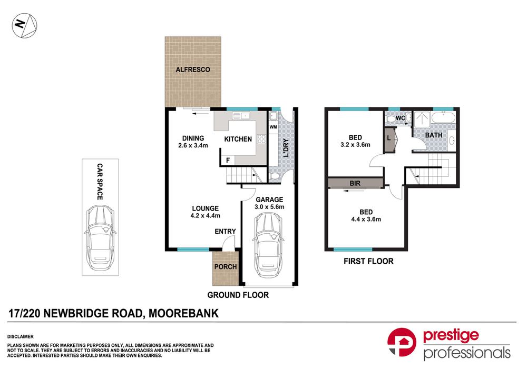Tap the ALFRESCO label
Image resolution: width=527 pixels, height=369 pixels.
(x=192, y=69)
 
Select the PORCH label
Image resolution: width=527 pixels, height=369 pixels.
(x=225, y=266)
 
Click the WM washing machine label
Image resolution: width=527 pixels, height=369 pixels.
(x=273, y=127)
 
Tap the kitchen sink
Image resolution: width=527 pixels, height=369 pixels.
(x=241, y=115)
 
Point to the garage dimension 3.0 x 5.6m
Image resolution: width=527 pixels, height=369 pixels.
(x=269, y=207)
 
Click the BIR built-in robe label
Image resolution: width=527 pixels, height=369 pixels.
(x=355, y=183)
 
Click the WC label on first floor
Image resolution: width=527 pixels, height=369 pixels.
(x=400, y=118)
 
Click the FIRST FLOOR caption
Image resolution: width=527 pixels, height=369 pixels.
(x=368, y=261)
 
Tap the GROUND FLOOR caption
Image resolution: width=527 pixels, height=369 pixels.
(x=238, y=295)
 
